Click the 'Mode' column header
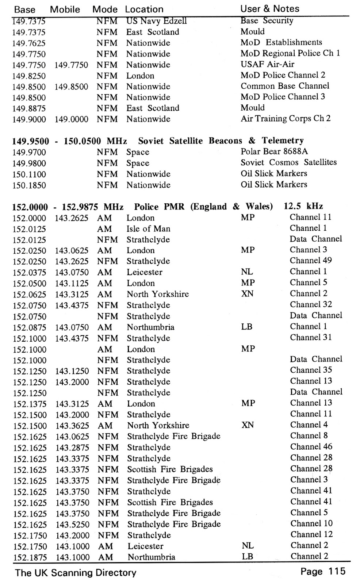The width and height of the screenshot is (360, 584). (x=105, y=9)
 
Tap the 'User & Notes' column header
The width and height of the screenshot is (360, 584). (x=269, y=9)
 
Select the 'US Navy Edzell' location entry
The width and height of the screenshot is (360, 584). (x=156, y=21)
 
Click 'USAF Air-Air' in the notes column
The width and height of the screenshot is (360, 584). (x=267, y=64)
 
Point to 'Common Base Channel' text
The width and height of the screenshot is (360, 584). (x=285, y=86)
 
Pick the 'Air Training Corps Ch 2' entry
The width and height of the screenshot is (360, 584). (x=286, y=119)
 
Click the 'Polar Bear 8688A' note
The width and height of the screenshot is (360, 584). (x=274, y=151)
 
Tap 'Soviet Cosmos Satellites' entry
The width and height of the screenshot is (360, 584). (x=288, y=162)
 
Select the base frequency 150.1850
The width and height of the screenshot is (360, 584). (x=29, y=185)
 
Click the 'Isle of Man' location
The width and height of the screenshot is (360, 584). (x=148, y=229)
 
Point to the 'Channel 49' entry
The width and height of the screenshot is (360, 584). (x=311, y=261)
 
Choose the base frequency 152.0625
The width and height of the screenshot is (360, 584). (x=30, y=294)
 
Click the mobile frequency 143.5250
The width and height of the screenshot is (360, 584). (x=72, y=525)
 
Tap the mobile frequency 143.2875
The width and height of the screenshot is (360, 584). (x=72, y=448)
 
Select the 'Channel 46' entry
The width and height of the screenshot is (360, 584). (x=311, y=447)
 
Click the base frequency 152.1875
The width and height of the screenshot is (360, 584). (x=30, y=557)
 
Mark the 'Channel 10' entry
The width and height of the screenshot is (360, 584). (x=311, y=523)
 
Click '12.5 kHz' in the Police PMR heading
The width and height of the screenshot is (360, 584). (x=303, y=206)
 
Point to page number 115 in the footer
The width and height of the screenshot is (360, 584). (x=336, y=571)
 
